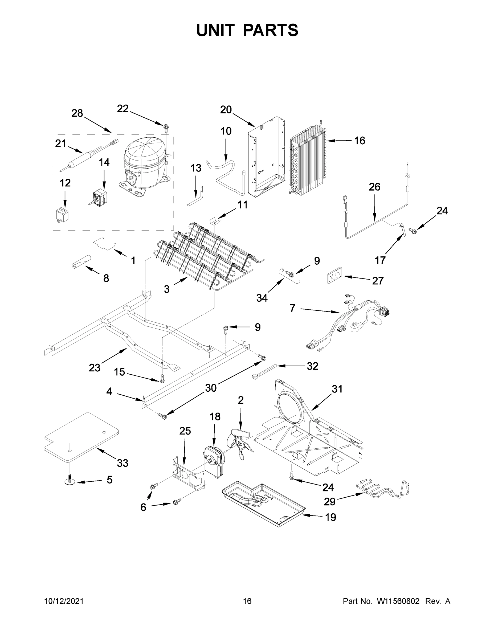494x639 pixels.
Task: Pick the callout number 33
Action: [122, 463]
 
